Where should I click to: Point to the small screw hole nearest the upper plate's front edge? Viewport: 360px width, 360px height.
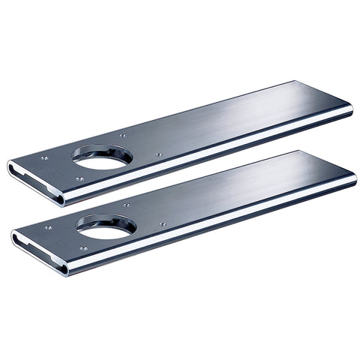(x=79, y=179)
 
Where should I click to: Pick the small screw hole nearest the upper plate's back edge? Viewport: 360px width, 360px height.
(x=122, y=136)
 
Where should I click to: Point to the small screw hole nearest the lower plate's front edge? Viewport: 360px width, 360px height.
(x=83, y=248)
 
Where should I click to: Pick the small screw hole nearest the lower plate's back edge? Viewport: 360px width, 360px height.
(x=126, y=205)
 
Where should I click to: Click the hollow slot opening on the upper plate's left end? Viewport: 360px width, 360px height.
(x=31, y=176)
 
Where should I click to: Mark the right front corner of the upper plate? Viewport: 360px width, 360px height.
(x=351, y=112)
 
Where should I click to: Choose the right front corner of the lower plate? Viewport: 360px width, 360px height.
(x=355, y=182)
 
